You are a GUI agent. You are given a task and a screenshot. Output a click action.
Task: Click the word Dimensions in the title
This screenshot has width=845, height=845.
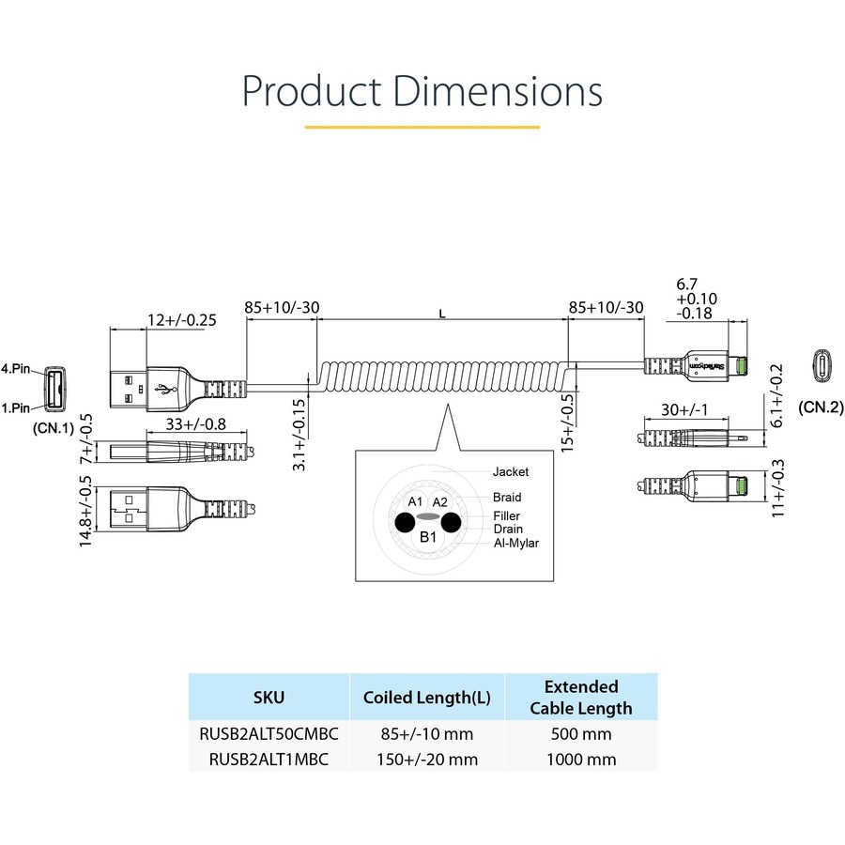click(498, 92)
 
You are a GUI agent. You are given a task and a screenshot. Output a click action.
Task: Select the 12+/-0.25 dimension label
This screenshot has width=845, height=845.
click(181, 319)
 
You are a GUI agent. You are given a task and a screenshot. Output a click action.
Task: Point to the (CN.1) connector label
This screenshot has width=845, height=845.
click(54, 427)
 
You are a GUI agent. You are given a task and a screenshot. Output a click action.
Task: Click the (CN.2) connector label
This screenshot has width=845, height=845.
click(822, 407)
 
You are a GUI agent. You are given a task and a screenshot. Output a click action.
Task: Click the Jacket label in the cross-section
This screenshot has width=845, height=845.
click(511, 471)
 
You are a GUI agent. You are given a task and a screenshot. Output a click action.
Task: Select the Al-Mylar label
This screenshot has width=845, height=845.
click(516, 542)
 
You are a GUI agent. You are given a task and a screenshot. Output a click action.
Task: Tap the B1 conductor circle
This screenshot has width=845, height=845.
click(428, 537)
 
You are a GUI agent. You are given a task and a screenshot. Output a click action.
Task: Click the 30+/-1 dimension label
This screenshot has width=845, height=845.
click(684, 409)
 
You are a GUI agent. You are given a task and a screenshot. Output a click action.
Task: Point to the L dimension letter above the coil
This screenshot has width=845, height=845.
click(442, 315)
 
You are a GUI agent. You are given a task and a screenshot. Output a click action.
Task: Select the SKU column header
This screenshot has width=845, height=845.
click(269, 697)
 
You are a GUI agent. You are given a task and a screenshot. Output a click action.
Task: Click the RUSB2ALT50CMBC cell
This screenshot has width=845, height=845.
click(269, 734)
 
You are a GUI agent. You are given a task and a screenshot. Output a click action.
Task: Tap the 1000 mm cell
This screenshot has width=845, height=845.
click(580, 759)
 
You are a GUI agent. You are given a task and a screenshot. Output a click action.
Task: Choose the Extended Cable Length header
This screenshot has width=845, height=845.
click(580, 697)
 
